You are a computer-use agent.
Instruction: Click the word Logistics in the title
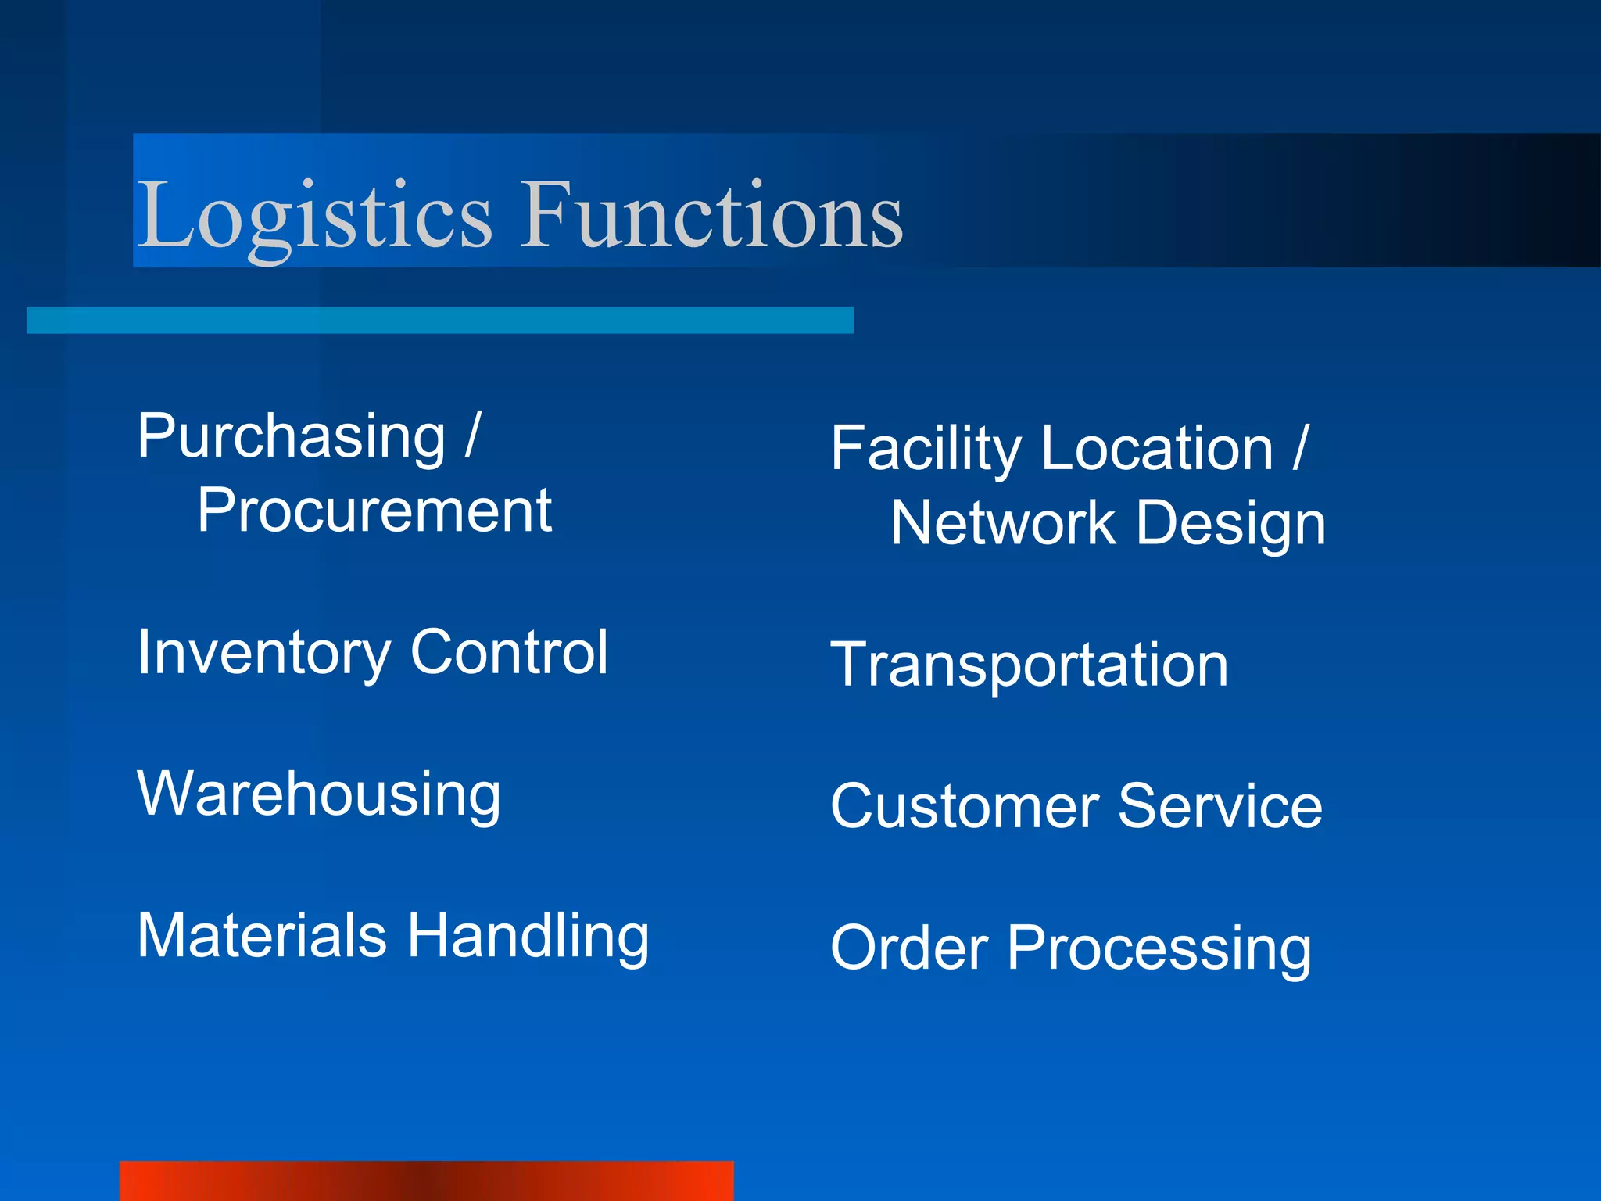click(314, 215)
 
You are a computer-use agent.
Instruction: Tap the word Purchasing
click(291, 437)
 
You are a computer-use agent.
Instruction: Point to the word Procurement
click(374, 511)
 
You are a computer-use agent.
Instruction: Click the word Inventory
click(263, 653)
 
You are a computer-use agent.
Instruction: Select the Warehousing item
click(319, 794)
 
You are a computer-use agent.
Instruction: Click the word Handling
click(528, 937)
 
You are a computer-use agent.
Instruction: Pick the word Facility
click(926, 450)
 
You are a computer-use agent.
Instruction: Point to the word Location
click(1158, 449)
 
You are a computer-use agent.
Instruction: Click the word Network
click(1003, 523)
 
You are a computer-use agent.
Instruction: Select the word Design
click(1230, 524)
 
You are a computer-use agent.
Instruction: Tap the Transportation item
click(1029, 666)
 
